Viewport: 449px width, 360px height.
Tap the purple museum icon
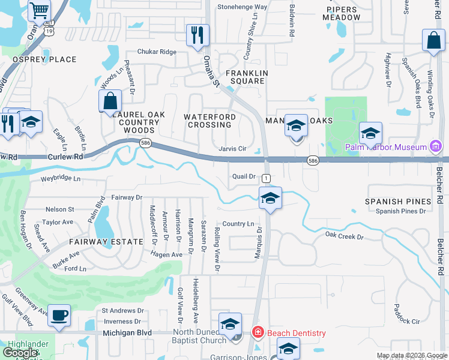coord(436,146)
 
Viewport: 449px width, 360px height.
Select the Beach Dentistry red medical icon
coord(258,332)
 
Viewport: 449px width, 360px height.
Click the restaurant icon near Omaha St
coord(197,35)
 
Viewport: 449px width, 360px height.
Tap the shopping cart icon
coord(39,10)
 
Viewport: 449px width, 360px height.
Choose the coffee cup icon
coord(59,315)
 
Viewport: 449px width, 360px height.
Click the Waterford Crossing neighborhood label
coord(209,121)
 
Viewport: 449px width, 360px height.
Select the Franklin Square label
coord(246,77)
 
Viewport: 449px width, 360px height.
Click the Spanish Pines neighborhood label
coord(398,202)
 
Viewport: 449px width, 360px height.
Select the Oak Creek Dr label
coord(345,236)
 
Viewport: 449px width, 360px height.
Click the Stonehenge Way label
coord(242,7)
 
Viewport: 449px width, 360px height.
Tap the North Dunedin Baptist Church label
coord(202,337)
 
